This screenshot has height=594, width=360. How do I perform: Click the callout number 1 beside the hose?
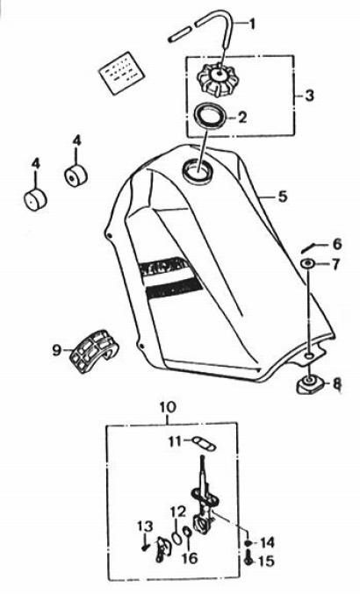[251, 25]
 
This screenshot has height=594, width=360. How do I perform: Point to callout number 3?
[309, 96]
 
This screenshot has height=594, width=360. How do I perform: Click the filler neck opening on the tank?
[197, 169]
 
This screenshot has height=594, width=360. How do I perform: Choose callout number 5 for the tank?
[283, 197]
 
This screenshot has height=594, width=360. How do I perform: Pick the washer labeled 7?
[307, 263]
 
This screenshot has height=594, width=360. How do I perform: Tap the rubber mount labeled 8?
[310, 384]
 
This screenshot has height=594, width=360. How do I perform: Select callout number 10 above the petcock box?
[168, 408]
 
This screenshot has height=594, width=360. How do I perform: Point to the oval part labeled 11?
[204, 443]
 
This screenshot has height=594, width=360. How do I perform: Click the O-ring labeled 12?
[176, 537]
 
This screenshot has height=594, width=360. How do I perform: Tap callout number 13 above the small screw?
[145, 526]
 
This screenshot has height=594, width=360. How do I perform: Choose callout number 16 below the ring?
[190, 558]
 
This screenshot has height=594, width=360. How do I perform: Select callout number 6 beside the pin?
[336, 244]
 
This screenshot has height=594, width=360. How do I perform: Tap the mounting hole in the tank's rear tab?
[309, 355]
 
